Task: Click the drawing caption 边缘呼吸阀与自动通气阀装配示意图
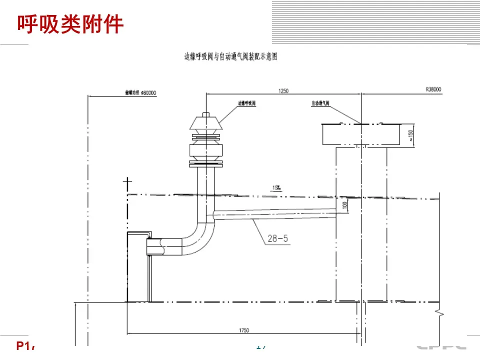tap(230, 57)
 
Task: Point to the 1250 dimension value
tap(283, 91)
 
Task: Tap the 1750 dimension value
tap(244, 330)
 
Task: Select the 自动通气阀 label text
tap(320, 103)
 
